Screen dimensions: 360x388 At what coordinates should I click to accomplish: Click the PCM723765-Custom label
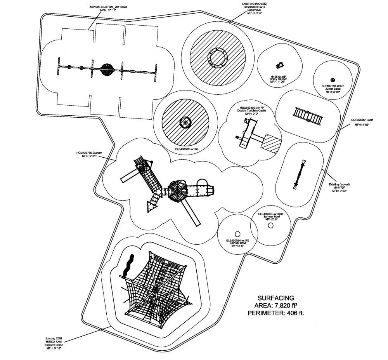89,153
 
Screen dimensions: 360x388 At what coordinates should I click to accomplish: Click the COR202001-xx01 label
362,121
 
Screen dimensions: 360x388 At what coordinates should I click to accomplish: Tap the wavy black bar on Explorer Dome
128,265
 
